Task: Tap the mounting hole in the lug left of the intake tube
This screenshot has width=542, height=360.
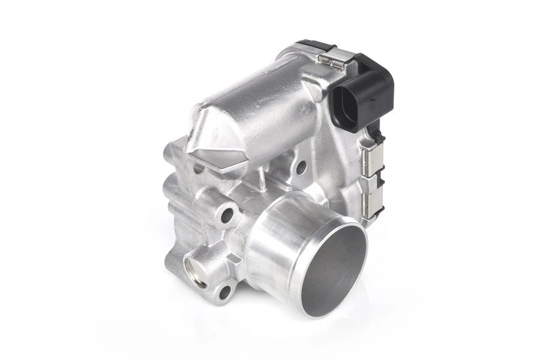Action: pos(226,216)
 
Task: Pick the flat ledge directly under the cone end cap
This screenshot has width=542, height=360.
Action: pos(183,153)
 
